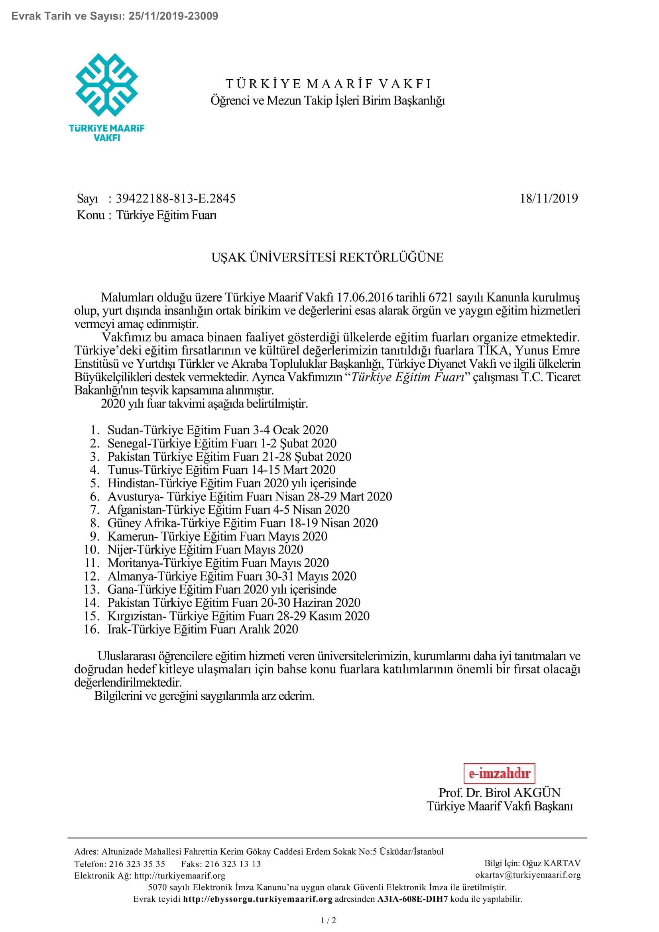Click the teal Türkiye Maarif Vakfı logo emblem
[106, 85]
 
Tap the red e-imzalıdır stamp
[499, 773]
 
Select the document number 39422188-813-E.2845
[175, 198]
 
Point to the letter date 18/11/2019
[549, 198]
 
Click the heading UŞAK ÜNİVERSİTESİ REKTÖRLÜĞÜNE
[327, 257]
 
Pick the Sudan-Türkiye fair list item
[217, 430]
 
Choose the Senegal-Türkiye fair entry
[222, 443]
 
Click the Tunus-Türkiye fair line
[221, 470]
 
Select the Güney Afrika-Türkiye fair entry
[242, 523]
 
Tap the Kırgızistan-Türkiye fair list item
[238, 616]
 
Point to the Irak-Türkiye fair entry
[203, 629]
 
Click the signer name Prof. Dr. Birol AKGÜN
[500, 793]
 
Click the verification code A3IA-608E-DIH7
[412, 899]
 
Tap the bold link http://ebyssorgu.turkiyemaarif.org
[258, 899]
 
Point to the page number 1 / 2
[329, 920]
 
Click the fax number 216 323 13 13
[233, 864]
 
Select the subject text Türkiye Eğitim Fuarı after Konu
[167, 215]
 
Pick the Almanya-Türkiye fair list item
[232, 576]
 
